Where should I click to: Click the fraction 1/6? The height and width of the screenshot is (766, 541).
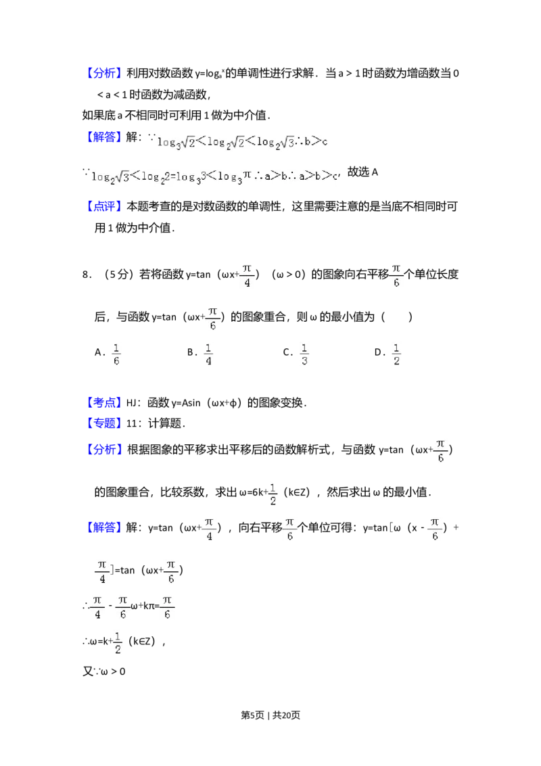pos(116,354)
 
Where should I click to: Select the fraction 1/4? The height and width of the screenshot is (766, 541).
pos(208,354)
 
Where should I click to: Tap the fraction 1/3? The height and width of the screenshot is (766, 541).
pos(305,354)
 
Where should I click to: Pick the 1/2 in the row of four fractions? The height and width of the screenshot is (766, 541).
pos(398,354)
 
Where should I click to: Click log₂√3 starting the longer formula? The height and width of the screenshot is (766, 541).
pos(110,177)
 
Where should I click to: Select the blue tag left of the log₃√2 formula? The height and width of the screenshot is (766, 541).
pos(105,138)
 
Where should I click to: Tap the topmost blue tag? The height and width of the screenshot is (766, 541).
pos(105,73)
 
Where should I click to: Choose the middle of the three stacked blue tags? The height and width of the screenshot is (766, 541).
pos(105,424)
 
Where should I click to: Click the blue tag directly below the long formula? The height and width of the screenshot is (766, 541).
pos(105,208)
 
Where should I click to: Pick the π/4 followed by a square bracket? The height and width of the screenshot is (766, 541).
pos(103,570)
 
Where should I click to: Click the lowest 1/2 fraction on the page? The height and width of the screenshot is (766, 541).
pos(116,643)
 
